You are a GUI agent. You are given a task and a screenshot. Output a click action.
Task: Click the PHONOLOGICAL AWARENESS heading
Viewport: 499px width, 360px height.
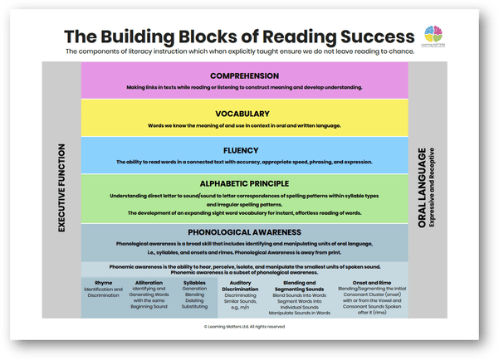point(244,232)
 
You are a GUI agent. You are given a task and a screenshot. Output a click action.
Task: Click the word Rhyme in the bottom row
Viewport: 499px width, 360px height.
point(103,282)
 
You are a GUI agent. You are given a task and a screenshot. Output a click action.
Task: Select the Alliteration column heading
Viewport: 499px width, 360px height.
point(149,282)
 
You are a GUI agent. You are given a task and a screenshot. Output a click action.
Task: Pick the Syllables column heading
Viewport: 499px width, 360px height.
point(193,282)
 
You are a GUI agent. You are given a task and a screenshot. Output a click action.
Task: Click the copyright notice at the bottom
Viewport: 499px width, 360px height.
point(244,327)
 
